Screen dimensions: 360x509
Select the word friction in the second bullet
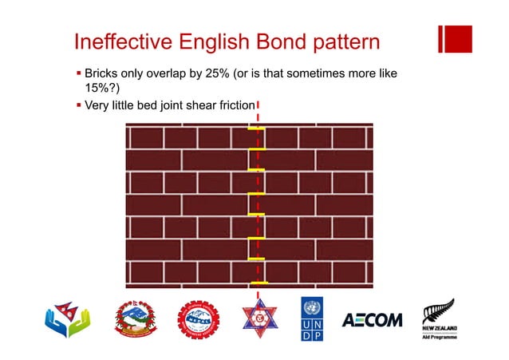pyautogui.click(x=234, y=105)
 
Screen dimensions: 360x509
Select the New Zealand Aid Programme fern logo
pyautogui.click(x=438, y=320)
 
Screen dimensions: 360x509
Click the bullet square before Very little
pyautogui.click(x=78, y=105)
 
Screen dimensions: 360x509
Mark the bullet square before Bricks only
pyautogui.click(x=78, y=74)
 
